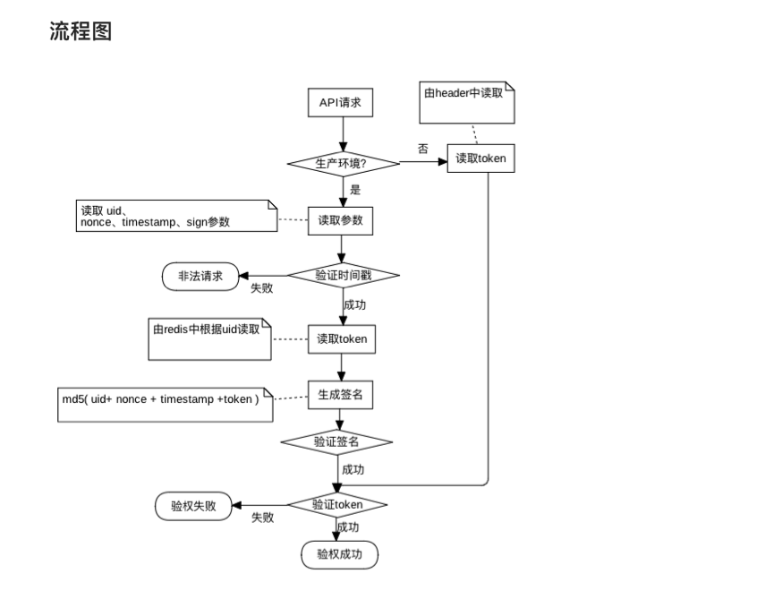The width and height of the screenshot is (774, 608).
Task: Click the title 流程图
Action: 81,32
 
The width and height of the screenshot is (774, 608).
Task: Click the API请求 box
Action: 340,103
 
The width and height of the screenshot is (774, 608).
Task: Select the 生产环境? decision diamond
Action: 343,163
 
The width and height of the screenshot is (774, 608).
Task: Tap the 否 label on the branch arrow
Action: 423,149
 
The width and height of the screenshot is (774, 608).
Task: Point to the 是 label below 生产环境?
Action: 355,190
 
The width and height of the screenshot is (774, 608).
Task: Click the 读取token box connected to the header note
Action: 481,158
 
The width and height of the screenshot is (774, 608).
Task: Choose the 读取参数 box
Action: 340,220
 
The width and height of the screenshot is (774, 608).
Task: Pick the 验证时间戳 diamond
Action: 343,276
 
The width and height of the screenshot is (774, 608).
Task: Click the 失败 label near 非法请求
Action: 262,288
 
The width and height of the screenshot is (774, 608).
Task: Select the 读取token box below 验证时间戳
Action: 341,339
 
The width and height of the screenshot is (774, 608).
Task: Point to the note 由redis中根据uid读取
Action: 209,338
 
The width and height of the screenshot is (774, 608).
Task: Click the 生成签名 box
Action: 340,394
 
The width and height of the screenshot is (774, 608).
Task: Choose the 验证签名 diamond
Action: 336,441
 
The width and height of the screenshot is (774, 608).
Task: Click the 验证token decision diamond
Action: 336,505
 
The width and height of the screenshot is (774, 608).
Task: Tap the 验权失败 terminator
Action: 193,505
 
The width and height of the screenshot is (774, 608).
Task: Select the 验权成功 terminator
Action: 339,554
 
